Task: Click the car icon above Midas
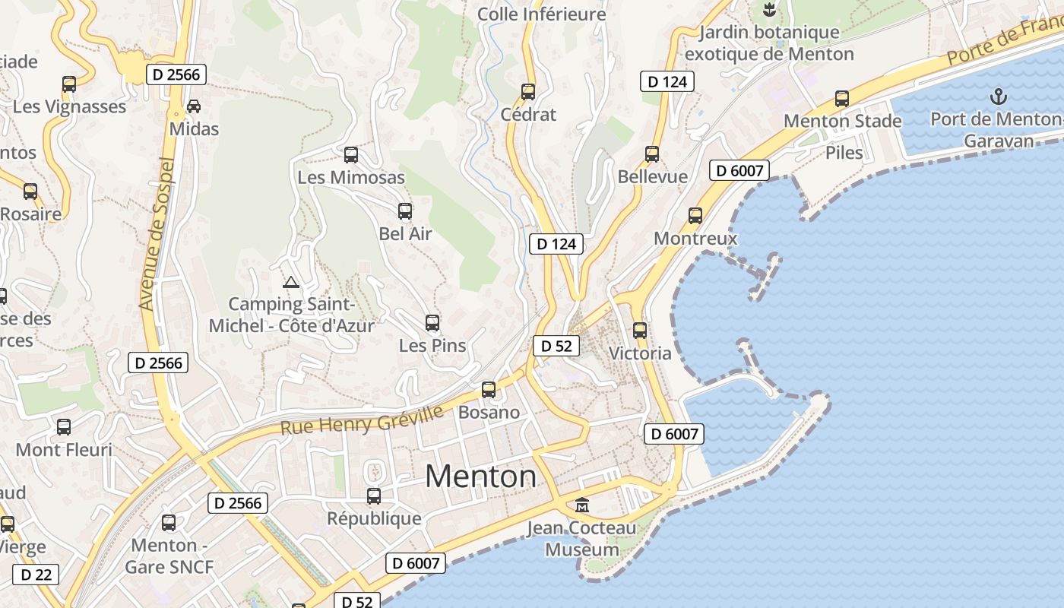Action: point(194,106)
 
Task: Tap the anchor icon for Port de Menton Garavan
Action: point(998,97)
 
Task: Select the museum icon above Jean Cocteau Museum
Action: point(582,505)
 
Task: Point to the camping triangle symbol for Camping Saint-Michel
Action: point(290,283)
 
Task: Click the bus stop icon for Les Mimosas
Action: point(350,155)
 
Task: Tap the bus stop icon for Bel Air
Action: point(405,211)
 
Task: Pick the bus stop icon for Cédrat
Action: point(528,92)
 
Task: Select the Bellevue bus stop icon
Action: point(652,154)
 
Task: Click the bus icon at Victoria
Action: point(640,331)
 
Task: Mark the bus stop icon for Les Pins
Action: point(432,323)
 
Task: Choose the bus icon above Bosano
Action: point(489,390)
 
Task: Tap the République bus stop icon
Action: point(374,496)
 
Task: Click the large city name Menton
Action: point(480,477)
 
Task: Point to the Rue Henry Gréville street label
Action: point(362,420)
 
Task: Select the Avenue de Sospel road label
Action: point(157,233)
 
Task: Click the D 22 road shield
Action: point(36,575)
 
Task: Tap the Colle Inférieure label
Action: point(542,14)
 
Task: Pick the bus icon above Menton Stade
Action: point(842,99)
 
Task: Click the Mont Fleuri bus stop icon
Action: point(64,427)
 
